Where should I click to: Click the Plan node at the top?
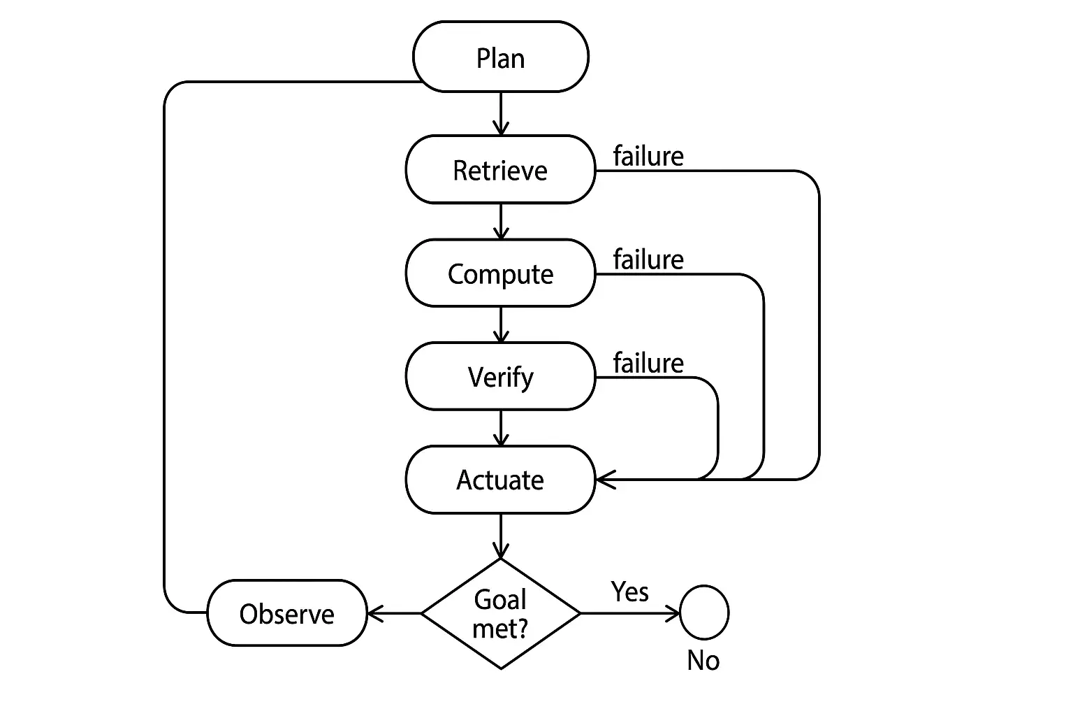500,57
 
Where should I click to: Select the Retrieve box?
500,170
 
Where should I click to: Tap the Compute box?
500,273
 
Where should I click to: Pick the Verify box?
500,377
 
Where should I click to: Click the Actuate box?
500,480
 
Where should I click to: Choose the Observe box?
286,613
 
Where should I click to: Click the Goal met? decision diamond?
500,613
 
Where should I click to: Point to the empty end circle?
704,613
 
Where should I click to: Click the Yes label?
629,592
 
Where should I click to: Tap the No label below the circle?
703,660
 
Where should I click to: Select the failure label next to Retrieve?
648,156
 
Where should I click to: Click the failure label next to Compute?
648,259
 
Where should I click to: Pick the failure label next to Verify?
648,363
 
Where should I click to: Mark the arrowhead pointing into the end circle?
673,613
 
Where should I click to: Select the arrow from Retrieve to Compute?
500,221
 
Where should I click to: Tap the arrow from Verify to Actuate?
500,427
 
